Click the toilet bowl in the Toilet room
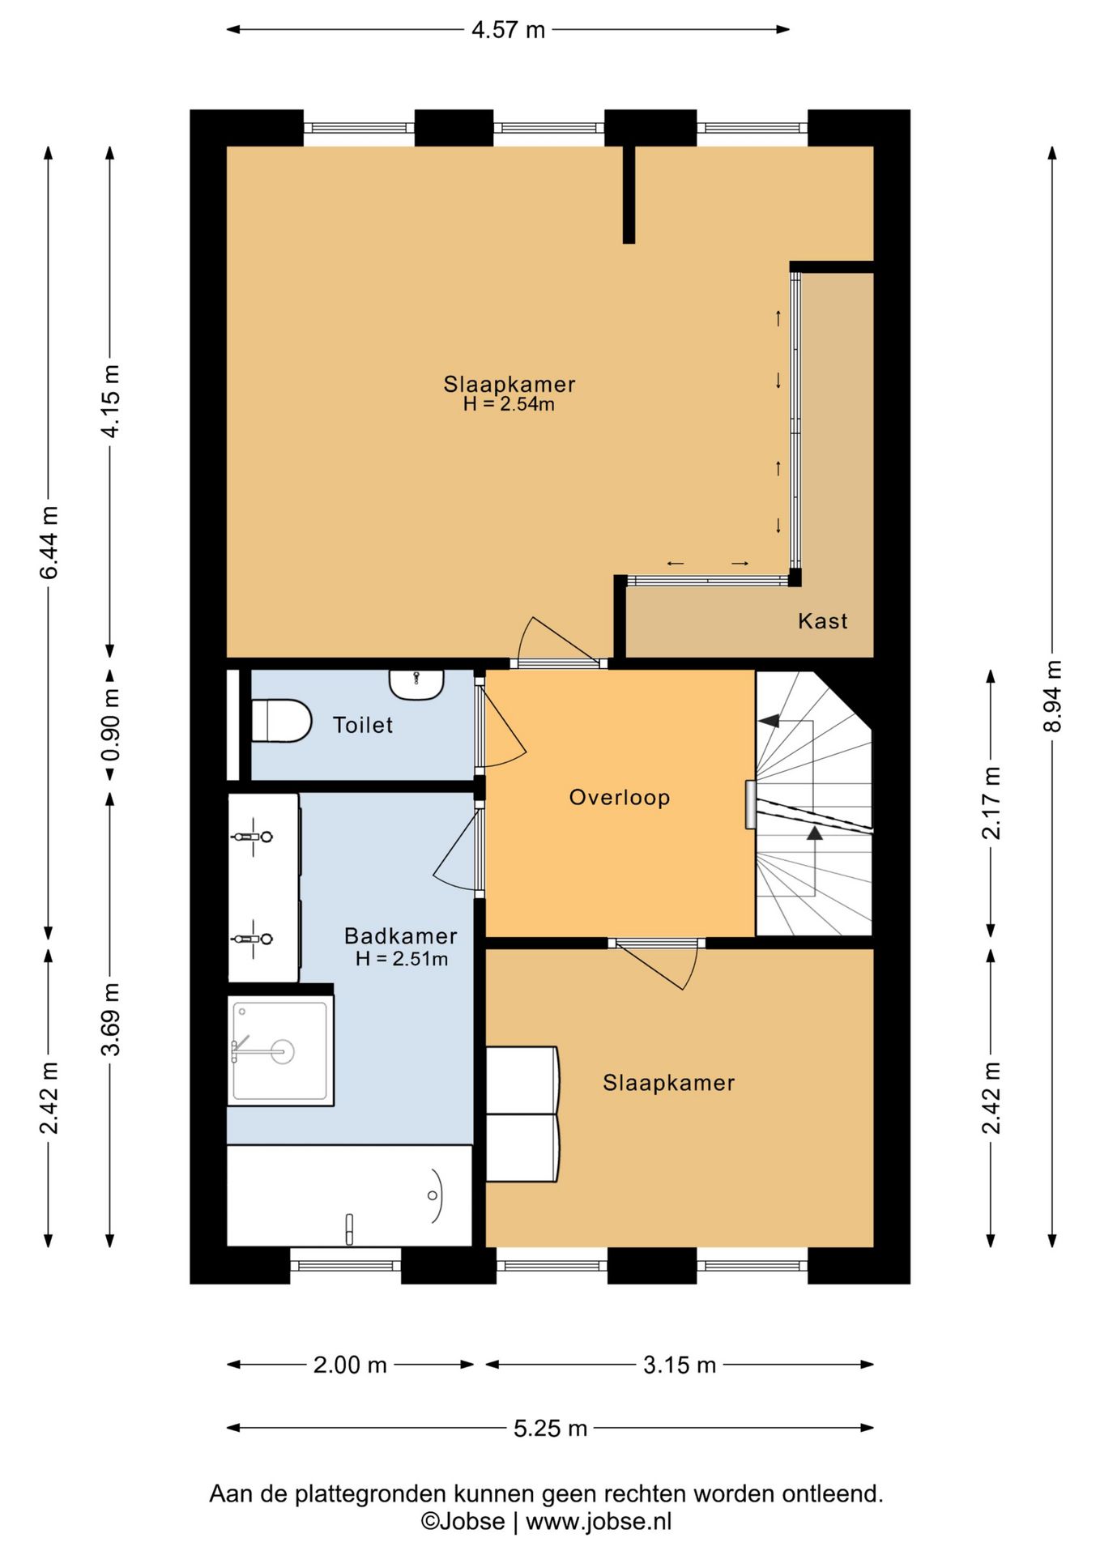[281, 720]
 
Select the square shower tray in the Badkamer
[280, 1050]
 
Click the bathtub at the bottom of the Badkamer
[349, 1195]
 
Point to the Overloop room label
[620, 797]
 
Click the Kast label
[822, 621]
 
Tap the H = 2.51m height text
[402, 959]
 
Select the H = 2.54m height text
[509, 404]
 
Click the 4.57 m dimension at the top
[509, 30]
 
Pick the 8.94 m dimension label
[1051, 696]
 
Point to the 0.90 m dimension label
[111, 724]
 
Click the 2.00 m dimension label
[350, 1365]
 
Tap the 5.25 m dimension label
[550, 1428]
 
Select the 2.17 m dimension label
[991, 803]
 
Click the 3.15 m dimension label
[680, 1365]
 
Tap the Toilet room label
[363, 725]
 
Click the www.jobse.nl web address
[599, 1521]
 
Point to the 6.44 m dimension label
[49, 543]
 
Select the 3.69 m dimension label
[111, 1019]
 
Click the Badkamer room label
[401, 935]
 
